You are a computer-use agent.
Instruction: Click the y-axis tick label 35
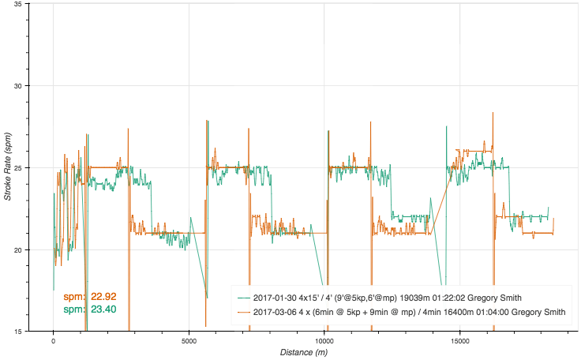point(17,4)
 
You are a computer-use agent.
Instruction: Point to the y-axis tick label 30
point(17,86)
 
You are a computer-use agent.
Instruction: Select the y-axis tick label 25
point(17,168)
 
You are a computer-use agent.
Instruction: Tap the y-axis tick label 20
point(17,250)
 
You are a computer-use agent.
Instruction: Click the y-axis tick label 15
point(17,332)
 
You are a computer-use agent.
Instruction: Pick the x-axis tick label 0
point(53,341)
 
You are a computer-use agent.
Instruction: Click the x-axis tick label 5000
point(189,341)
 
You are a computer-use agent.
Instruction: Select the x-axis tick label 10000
point(324,341)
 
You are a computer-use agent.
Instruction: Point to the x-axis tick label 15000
point(460,341)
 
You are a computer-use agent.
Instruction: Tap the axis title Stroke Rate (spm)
point(7,166)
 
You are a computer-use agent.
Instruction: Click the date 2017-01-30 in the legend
point(277,298)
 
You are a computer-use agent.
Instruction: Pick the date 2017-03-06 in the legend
point(277,313)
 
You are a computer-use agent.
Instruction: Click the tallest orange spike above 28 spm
point(493,114)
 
